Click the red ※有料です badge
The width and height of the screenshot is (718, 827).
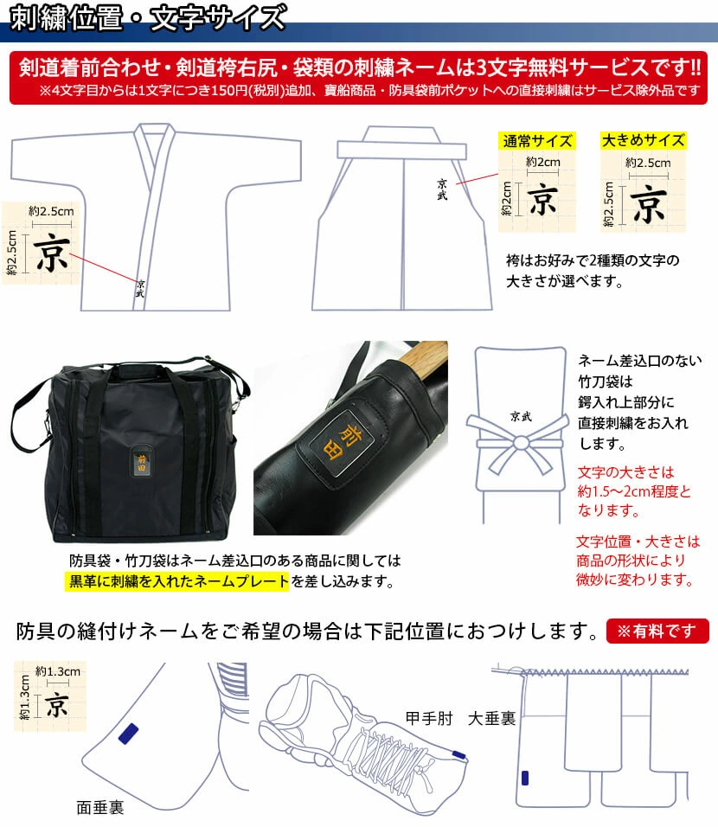tap(657, 631)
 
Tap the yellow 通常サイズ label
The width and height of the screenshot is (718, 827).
tap(537, 141)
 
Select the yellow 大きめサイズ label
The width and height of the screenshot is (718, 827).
tap(643, 140)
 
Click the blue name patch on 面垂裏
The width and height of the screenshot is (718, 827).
tap(128, 734)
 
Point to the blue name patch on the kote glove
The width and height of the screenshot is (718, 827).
tap(459, 754)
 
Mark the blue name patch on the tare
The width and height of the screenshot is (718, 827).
tap(525, 778)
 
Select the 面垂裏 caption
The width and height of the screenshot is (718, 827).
tap(100, 807)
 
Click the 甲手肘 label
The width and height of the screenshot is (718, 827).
tap(429, 718)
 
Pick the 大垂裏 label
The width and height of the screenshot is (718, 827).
tap(491, 718)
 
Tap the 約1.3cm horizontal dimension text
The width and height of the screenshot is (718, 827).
tap(58, 671)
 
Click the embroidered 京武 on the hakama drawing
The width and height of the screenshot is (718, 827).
tap(442, 189)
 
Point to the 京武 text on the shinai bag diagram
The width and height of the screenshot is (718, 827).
tap(521, 417)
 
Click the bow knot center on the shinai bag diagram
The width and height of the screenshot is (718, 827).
tap(521, 443)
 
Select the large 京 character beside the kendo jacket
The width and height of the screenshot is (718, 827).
tap(51, 254)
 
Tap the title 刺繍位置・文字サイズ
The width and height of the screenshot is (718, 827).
tap(148, 18)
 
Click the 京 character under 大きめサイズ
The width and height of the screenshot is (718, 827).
tap(649, 204)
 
